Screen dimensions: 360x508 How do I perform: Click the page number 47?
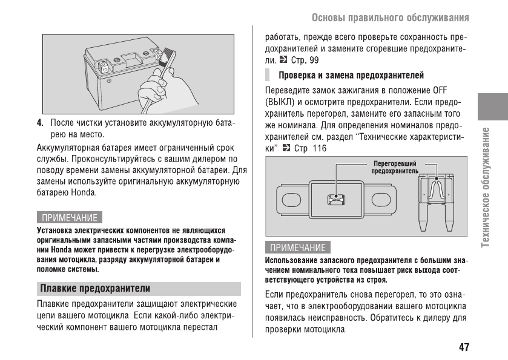464,347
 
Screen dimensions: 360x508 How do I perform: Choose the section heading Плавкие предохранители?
95,288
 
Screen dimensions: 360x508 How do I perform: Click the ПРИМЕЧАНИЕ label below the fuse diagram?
297,247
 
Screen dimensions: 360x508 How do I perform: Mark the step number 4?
40,122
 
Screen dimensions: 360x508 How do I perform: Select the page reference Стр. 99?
305,60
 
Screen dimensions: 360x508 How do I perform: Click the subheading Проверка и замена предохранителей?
351,76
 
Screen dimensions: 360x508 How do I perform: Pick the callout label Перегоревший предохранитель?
395,167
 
